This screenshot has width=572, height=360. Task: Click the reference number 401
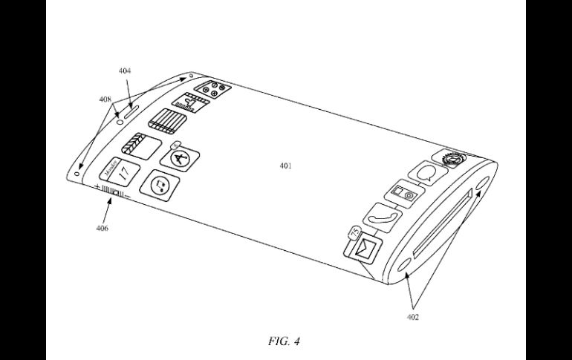(285, 166)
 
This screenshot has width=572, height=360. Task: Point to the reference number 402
(413, 317)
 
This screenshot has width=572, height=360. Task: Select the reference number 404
(125, 71)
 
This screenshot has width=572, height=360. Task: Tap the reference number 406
(101, 228)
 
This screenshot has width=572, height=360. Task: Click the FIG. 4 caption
(285, 341)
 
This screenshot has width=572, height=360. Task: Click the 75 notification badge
(352, 232)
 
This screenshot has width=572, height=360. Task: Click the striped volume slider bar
(112, 194)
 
